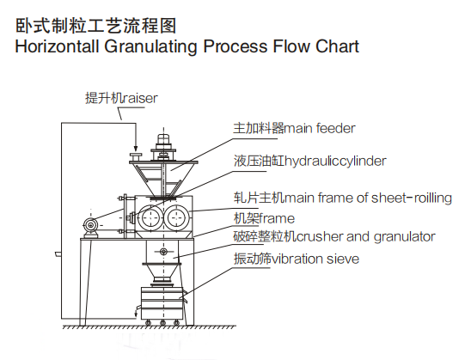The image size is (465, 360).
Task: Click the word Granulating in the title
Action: click(150, 47)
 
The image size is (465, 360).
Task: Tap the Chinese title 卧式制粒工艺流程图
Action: click(95, 26)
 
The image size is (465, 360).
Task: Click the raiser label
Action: click(121, 98)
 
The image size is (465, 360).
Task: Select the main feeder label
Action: click(294, 128)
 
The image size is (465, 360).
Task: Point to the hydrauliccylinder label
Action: click(310, 161)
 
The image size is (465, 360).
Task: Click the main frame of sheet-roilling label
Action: click(343, 198)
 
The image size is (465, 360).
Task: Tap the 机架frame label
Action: click(264, 218)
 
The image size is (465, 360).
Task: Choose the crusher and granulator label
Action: click(334, 236)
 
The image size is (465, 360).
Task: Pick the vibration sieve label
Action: click(297, 259)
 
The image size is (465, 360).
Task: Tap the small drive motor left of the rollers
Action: click(91, 226)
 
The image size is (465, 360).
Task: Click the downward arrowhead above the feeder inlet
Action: click(136, 149)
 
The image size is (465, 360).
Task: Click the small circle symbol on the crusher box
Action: click(163, 252)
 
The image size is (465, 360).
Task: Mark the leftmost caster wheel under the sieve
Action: click(148, 323)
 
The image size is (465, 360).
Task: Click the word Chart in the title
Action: click(337, 46)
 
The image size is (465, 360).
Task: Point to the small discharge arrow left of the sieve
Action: click(136, 312)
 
